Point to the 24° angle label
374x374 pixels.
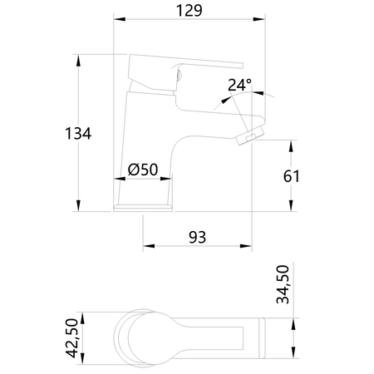click(239, 85)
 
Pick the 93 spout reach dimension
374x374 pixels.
click(196, 237)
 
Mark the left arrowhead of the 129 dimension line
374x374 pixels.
click(116, 20)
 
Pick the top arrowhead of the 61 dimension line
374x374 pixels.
click(290, 144)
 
